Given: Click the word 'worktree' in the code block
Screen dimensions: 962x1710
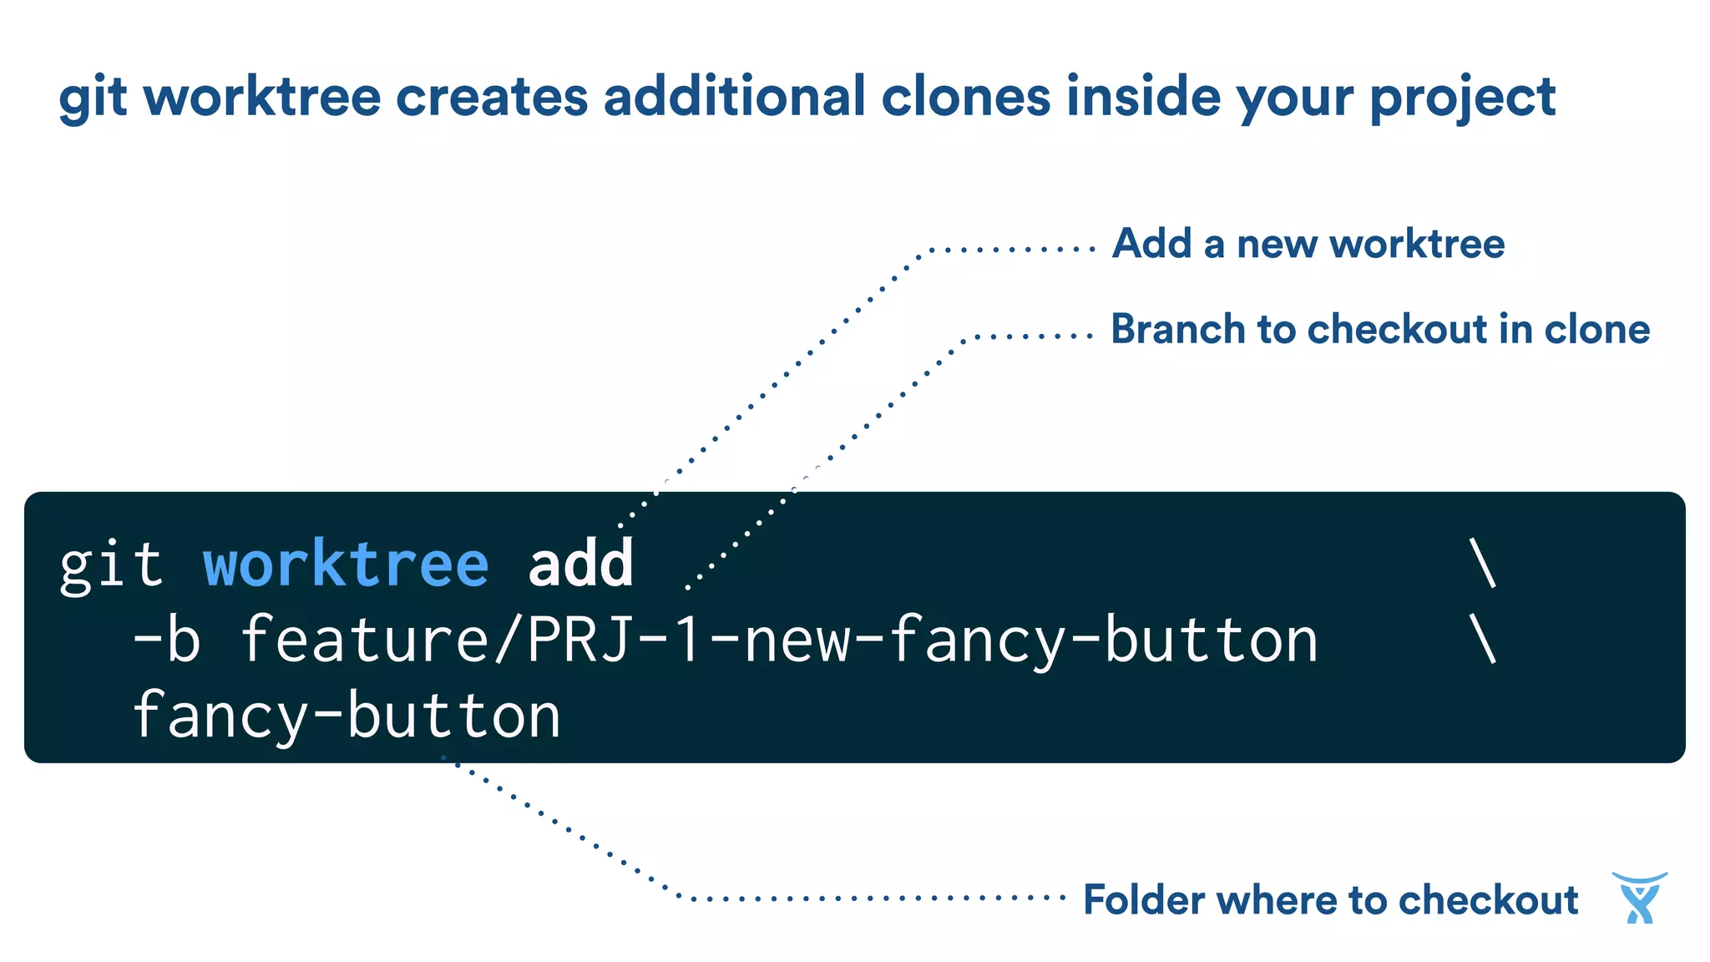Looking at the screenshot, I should click(346, 565).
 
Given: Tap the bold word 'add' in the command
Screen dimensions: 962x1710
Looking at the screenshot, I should click(581, 565).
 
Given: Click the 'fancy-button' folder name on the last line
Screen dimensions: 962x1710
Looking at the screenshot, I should click(347, 716).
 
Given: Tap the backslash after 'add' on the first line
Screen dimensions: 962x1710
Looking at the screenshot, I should click(1482, 565).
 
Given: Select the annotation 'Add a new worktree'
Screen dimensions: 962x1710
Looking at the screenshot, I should click(1308, 244).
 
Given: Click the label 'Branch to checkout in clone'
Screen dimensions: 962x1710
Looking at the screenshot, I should click(1380, 329).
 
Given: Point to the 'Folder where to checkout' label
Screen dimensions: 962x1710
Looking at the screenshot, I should click(1331, 900).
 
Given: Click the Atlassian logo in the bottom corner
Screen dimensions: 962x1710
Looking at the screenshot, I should click(1639, 898).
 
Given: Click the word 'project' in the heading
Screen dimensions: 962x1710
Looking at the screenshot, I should click(1463, 99).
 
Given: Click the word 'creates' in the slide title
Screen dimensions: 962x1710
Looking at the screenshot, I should click(492, 98).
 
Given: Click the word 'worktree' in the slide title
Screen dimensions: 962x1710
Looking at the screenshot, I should click(262, 97).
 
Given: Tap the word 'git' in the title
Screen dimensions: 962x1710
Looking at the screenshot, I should click(93, 99).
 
